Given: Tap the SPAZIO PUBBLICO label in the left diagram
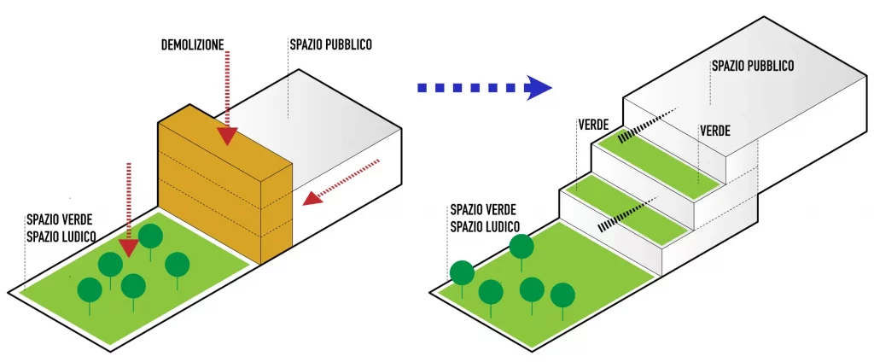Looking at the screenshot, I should [x=330, y=44].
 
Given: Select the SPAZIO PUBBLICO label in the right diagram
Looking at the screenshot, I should [x=753, y=65].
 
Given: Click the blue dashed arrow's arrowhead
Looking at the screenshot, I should [x=539, y=87].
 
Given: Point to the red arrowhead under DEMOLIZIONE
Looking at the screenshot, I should [x=227, y=136].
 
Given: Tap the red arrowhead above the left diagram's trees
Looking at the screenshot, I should [x=128, y=247].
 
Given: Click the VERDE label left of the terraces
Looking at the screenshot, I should [x=592, y=125].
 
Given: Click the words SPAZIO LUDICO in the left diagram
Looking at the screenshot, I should [x=61, y=235].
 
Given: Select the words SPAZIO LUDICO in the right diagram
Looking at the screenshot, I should [x=484, y=226].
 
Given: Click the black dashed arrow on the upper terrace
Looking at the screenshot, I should [x=646, y=124].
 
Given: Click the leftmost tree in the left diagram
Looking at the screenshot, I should [x=90, y=291].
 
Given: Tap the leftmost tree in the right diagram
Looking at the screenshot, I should [x=462, y=273].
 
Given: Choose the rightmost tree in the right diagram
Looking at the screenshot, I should [x=562, y=295].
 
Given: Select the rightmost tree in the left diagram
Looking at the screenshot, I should [x=177, y=265].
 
